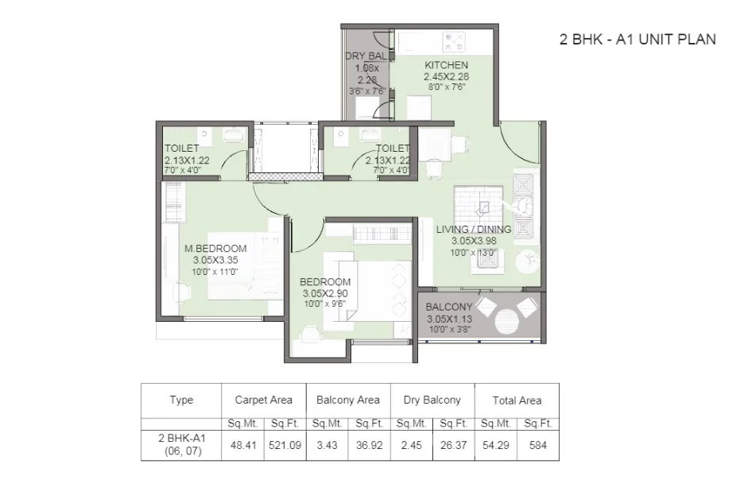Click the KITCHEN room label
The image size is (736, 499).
pyautogui.click(x=447, y=65)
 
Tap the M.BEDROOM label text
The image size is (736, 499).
pyautogui.click(x=215, y=249)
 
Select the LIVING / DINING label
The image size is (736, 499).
pyautogui.click(x=474, y=230)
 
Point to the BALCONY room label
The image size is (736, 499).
pyautogui.click(x=449, y=307)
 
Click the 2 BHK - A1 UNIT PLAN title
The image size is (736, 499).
pyautogui.click(x=637, y=40)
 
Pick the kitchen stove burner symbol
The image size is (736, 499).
pyautogui.click(x=454, y=41)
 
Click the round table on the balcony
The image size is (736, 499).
pyautogui.click(x=507, y=322)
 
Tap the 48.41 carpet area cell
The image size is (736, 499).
pyautogui.click(x=243, y=445)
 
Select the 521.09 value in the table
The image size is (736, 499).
pyautogui.click(x=285, y=445)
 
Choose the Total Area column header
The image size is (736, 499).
pyautogui.click(x=517, y=400)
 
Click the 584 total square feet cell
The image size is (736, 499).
pyautogui.click(x=538, y=445)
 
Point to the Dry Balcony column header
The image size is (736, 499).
pyautogui.click(x=432, y=400)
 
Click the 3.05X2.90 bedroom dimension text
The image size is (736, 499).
pyautogui.click(x=325, y=293)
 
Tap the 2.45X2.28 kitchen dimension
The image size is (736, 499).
pyautogui.click(x=447, y=76)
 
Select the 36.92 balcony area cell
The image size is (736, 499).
pyautogui.click(x=370, y=445)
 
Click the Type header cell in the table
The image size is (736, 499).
pyautogui.click(x=182, y=400)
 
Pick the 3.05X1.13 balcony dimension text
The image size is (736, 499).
pyautogui.click(x=450, y=319)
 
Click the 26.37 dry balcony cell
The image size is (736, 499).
pyautogui.click(x=453, y=445)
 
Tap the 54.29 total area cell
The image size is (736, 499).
pyautogui.click(x=496, y=445)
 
